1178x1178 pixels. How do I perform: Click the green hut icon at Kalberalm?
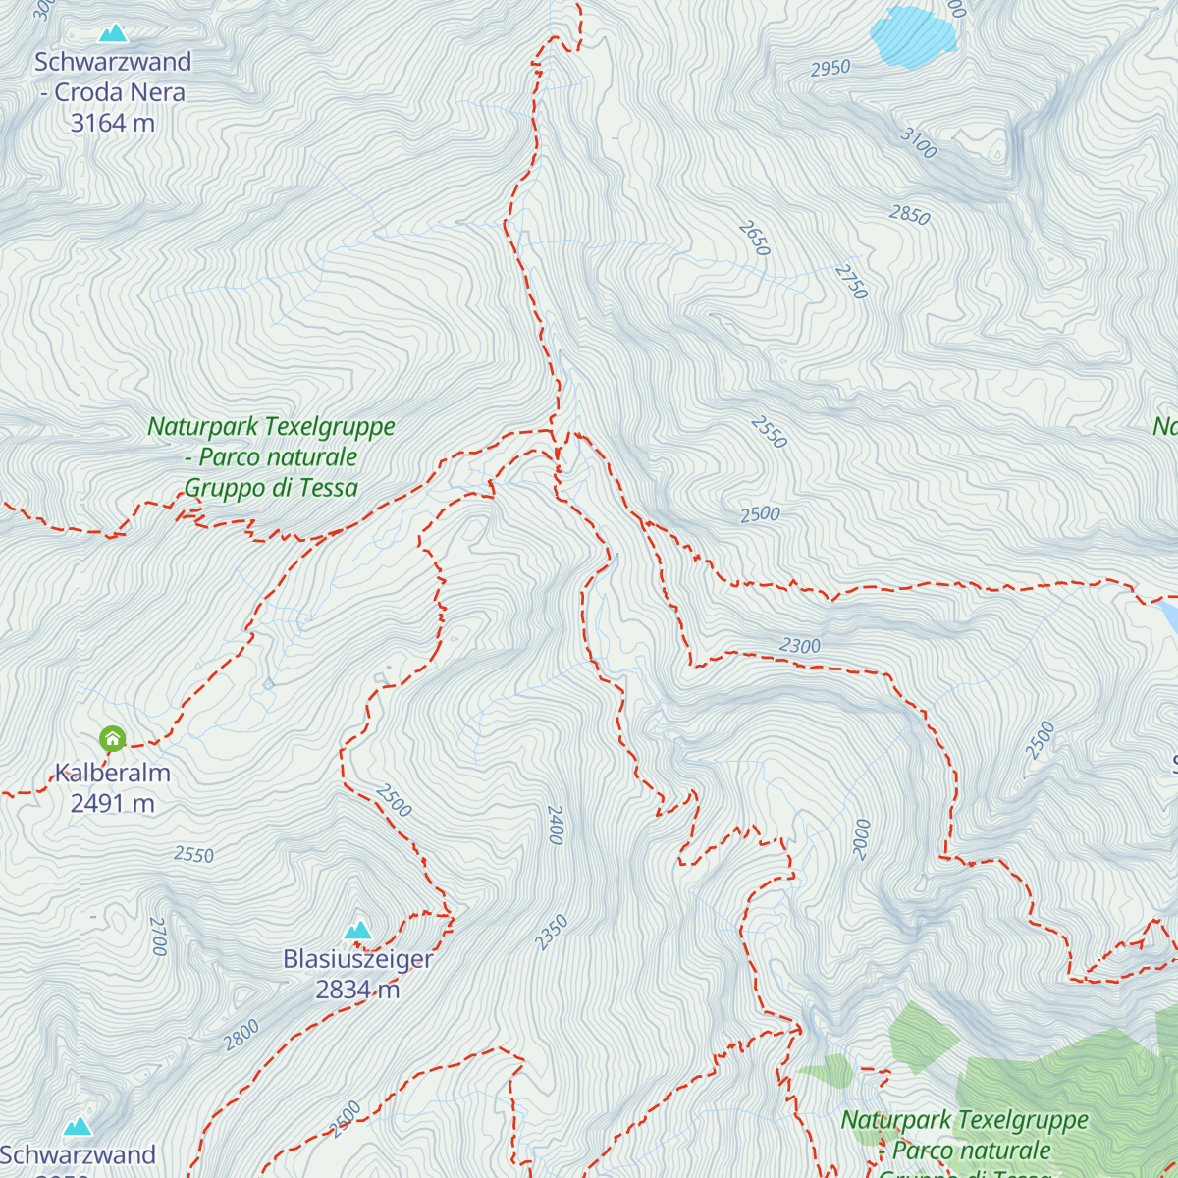[x=113, y=738]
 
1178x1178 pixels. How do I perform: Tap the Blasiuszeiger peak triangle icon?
[x=358, y=930]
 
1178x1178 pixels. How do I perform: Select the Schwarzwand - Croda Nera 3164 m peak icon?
[x=113, y=33]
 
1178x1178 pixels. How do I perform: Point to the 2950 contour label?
[x=830, y=69]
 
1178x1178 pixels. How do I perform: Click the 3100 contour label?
[x=919, y=143]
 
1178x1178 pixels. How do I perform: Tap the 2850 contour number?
[x=909, y=215]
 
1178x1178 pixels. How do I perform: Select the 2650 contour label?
[x=754, y=239]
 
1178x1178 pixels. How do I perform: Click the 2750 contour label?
[x=852, y=282]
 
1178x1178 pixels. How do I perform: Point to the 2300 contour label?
[x=800, y=646]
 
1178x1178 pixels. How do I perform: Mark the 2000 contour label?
[x=861, y=839]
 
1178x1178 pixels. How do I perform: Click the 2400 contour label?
[x=555, y=825]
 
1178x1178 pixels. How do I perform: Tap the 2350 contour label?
[x=552, y=933]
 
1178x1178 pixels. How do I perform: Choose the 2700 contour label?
[x=158, y=936]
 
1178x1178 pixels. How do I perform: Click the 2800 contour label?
[x=241, y=1035]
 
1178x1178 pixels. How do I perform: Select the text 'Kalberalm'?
[x=113, y=774]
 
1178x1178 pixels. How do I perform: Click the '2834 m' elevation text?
[x=357, y=990]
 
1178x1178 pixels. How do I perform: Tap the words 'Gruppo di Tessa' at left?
[x=271, y=488]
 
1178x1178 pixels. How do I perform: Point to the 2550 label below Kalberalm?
[x=193, y=855]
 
